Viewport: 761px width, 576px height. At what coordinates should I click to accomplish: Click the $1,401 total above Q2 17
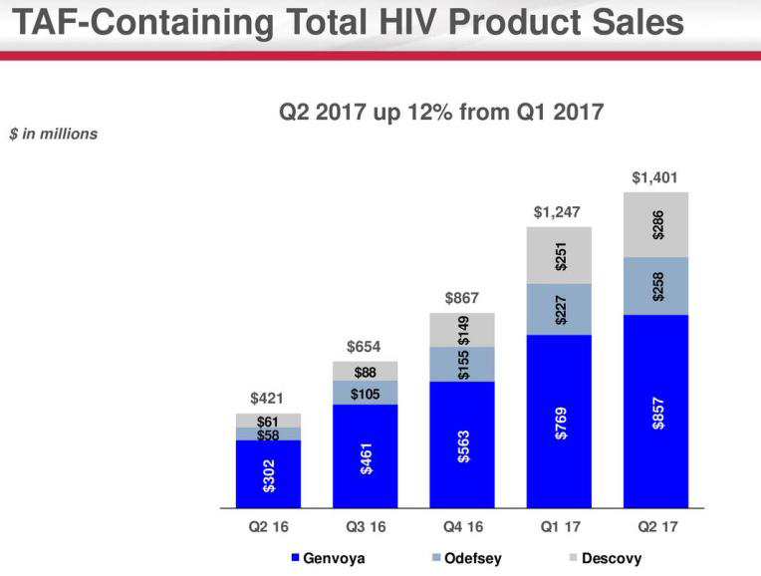click(x=655, y=177)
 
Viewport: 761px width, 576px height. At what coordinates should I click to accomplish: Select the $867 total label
click(x=462, y=297)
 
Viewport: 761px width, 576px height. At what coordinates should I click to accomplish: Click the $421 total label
click(x=268, y=399)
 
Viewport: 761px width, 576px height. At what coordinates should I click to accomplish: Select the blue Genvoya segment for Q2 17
click(x=656, y=411)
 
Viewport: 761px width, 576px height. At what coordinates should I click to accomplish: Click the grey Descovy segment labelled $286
click(x=656, y=224)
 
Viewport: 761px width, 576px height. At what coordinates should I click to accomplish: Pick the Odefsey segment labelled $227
click(x=559, y=309)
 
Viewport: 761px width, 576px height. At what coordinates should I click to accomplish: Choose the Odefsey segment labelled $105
click(x=366, y=393)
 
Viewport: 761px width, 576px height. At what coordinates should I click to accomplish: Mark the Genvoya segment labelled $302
click(x=268, y=474)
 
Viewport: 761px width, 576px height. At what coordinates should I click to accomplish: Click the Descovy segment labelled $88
click(x=366, y=371)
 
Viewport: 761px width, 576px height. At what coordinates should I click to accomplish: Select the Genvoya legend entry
click(x=328, y=558)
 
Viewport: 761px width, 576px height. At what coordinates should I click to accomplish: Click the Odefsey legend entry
click(x=466, y=558)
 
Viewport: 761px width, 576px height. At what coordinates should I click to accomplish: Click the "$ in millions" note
click(x=54, y=134)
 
